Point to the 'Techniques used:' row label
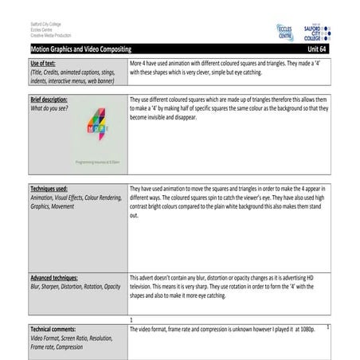coord(49,190)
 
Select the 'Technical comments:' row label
coord(54,328)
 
